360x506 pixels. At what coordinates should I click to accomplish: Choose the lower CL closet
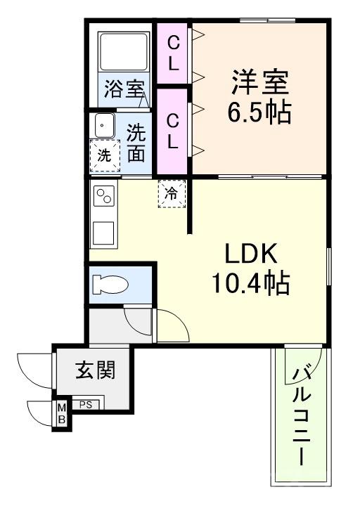coord(173,131)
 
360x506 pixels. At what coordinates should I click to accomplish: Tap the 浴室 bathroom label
coord(124,89)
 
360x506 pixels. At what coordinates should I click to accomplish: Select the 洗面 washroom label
coord(136,142)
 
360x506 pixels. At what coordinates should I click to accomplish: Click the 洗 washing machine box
coord(105,156)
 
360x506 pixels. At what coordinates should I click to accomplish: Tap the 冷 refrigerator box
coord(171,193)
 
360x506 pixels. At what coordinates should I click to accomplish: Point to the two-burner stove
coord(105,196)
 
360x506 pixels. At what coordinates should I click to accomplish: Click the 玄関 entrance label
coord(96,369)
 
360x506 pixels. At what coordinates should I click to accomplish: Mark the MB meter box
coord(62,414)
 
